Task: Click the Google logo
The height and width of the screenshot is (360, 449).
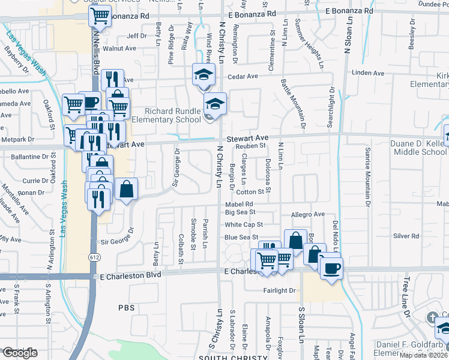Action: click(20, 353)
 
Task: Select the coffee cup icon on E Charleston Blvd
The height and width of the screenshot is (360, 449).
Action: click(330, 268)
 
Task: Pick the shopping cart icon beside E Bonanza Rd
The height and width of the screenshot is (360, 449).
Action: click(100, 16)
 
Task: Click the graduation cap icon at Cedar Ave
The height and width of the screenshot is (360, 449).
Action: click(203, 74)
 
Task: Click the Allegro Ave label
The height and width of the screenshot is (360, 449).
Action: click(307, 214)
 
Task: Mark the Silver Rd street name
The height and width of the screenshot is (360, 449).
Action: click(406, 236)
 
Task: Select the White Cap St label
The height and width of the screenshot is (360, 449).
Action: click(244, 224)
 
